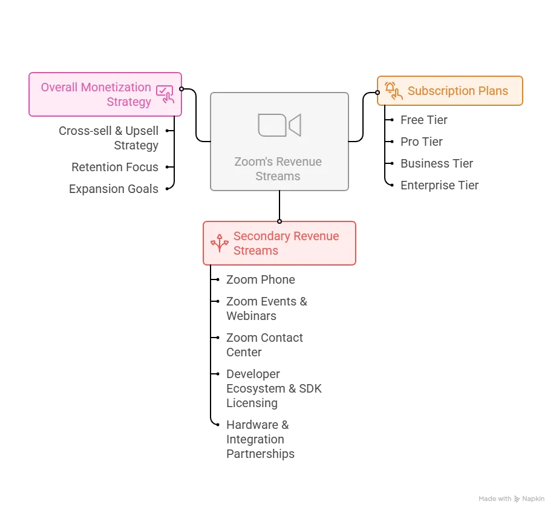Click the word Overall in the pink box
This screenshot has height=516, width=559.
(x=59, y=87)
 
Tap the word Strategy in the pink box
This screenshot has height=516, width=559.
(x=129, y=102)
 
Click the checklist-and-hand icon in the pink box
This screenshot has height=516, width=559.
(x=165, y=94)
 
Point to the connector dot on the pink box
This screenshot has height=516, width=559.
(x=181, y=89)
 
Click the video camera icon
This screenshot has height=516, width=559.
(x=279, y=125)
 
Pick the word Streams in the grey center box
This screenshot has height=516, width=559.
(x=278, y=177)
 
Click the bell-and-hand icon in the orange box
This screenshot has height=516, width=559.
(x=393, y=91)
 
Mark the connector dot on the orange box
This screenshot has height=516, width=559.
(x=377, y=93)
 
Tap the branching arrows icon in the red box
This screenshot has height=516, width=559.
(x=219, y=243)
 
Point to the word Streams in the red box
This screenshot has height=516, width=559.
(x=256, y=250)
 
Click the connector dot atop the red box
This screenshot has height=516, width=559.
(x=279, y=221)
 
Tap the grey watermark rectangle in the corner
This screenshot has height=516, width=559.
(x=512, y=498)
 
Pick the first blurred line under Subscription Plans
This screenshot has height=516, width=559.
(x=423, y=120)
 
